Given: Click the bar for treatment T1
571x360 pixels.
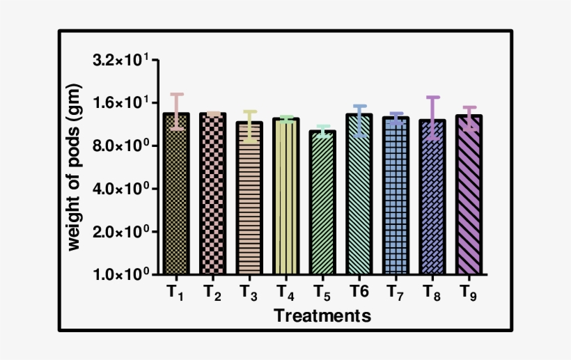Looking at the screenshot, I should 176,195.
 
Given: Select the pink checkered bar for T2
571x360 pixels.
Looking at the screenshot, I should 213,195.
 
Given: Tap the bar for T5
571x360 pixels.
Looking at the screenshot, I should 322,203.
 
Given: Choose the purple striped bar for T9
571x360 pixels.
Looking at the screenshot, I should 469,196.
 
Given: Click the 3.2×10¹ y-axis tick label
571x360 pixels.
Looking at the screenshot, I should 122,61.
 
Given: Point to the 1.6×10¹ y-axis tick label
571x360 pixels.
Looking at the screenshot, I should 122,103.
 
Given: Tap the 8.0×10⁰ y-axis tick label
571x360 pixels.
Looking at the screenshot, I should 122,146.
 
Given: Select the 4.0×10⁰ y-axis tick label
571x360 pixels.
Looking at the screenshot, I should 122,189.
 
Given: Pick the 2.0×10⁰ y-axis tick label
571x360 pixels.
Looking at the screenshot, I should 122,232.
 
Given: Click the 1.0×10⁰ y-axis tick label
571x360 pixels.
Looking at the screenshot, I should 122,274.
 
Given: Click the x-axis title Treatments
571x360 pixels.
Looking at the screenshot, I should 322,315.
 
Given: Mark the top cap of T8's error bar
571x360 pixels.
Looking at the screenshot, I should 432,97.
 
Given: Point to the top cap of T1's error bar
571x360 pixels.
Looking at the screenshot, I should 177,94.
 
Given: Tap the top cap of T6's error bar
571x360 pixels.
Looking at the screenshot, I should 359,106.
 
